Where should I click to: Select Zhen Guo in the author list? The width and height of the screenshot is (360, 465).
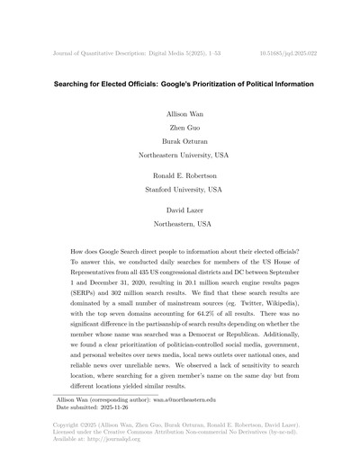click(179, 130)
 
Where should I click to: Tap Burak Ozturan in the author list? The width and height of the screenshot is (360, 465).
click(179, 142)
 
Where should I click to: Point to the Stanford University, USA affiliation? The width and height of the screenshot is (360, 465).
click(179, 191)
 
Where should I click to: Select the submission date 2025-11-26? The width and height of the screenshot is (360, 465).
click(125, 432)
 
